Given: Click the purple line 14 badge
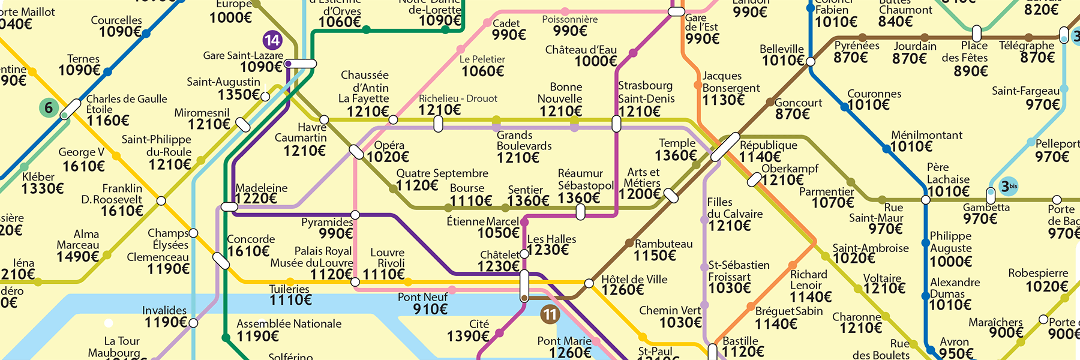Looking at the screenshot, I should point(272,40).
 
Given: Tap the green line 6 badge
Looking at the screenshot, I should point(49,108).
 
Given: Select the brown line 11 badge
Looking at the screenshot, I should point(550,314).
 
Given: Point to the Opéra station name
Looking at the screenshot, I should point(389,145).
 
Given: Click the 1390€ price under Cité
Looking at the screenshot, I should point(468,337).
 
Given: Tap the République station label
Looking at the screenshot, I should point(768,145).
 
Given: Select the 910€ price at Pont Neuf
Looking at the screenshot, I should point(430,309).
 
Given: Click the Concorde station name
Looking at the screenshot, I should point(251,239).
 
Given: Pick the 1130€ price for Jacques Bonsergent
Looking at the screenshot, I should point(723,100).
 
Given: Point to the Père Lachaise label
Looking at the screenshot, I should point(948,173).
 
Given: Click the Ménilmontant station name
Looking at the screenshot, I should point(926,135).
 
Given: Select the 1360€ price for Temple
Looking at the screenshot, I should point(676,155).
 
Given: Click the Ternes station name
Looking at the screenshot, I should point(83,59).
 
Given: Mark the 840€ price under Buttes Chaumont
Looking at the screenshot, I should point(895,22).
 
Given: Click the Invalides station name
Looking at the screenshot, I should point(164,310).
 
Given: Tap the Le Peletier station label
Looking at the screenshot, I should point(482,59).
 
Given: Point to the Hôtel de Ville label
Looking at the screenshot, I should point(634,279).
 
